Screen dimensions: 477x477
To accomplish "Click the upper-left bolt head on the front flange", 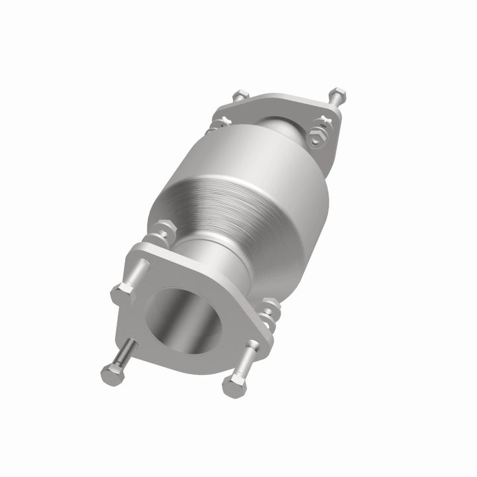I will click(x=123, y=292).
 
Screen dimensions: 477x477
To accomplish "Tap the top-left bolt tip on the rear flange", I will click(x=238, y=97).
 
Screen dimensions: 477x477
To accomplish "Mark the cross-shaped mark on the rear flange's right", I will click(x=324, y=120).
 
